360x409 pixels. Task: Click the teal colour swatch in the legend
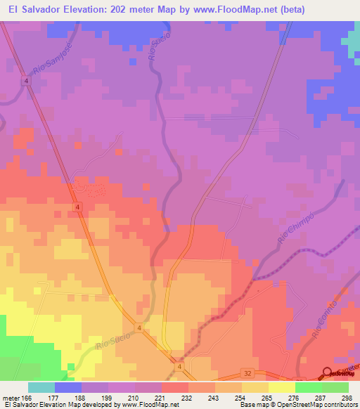[41, 388]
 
